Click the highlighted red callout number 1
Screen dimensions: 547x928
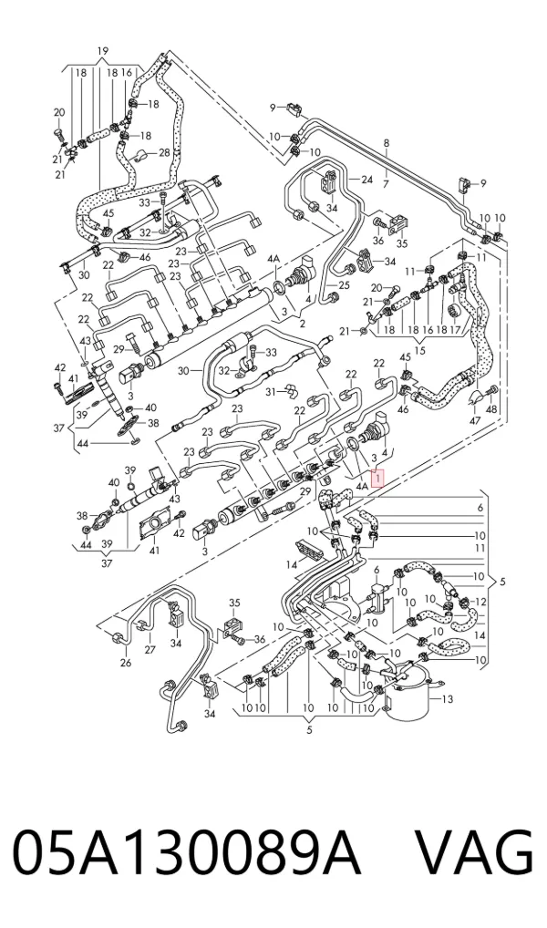click(377, 477)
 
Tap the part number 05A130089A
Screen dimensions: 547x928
click(187, 855)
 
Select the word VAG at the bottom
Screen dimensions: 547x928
click(475, 855)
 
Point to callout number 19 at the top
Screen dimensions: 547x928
click(102, 51)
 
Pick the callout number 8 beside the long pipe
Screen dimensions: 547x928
click(387, 142)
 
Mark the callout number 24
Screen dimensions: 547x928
click(366, 180)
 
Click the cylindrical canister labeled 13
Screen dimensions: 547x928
click(408, 694)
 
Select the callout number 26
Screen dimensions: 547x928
click(126, 663)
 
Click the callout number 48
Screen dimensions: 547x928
click(492, 409)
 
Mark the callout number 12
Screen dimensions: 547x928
click(480, 602)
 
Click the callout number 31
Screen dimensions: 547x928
click(271, 392)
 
